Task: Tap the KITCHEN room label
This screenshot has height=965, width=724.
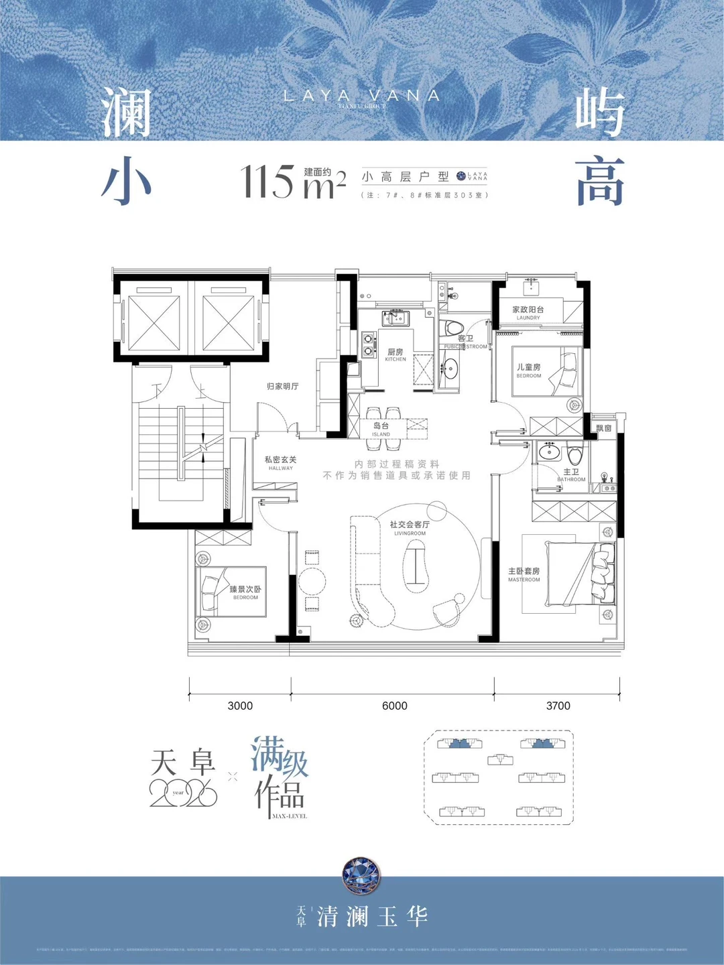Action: tap(396, 355)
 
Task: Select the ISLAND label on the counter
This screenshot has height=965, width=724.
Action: tap(381, 430)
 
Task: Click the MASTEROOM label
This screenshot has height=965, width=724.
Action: tap(524, 575)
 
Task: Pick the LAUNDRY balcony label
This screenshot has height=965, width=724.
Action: tap(528, 313)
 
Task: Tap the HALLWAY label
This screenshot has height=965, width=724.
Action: tap(280, 464)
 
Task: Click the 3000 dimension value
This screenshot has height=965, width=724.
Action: tap(240, 706)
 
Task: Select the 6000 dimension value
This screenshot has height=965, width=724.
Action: tap(394, 706)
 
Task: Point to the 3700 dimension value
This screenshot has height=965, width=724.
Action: tap(558, 706)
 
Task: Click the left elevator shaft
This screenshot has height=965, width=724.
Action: tap(154, 323)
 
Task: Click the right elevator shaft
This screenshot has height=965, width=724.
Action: tap(229, 323)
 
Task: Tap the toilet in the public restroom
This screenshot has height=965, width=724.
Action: tap(454, 330)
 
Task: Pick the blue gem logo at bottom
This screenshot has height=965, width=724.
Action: tap(361, 876)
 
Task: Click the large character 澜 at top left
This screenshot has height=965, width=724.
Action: tap(126, 113)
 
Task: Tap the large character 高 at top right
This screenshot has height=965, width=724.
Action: tap(600, 182)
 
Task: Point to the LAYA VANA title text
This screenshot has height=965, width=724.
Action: tap(361, 96)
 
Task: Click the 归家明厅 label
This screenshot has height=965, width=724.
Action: tap(282, 387)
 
